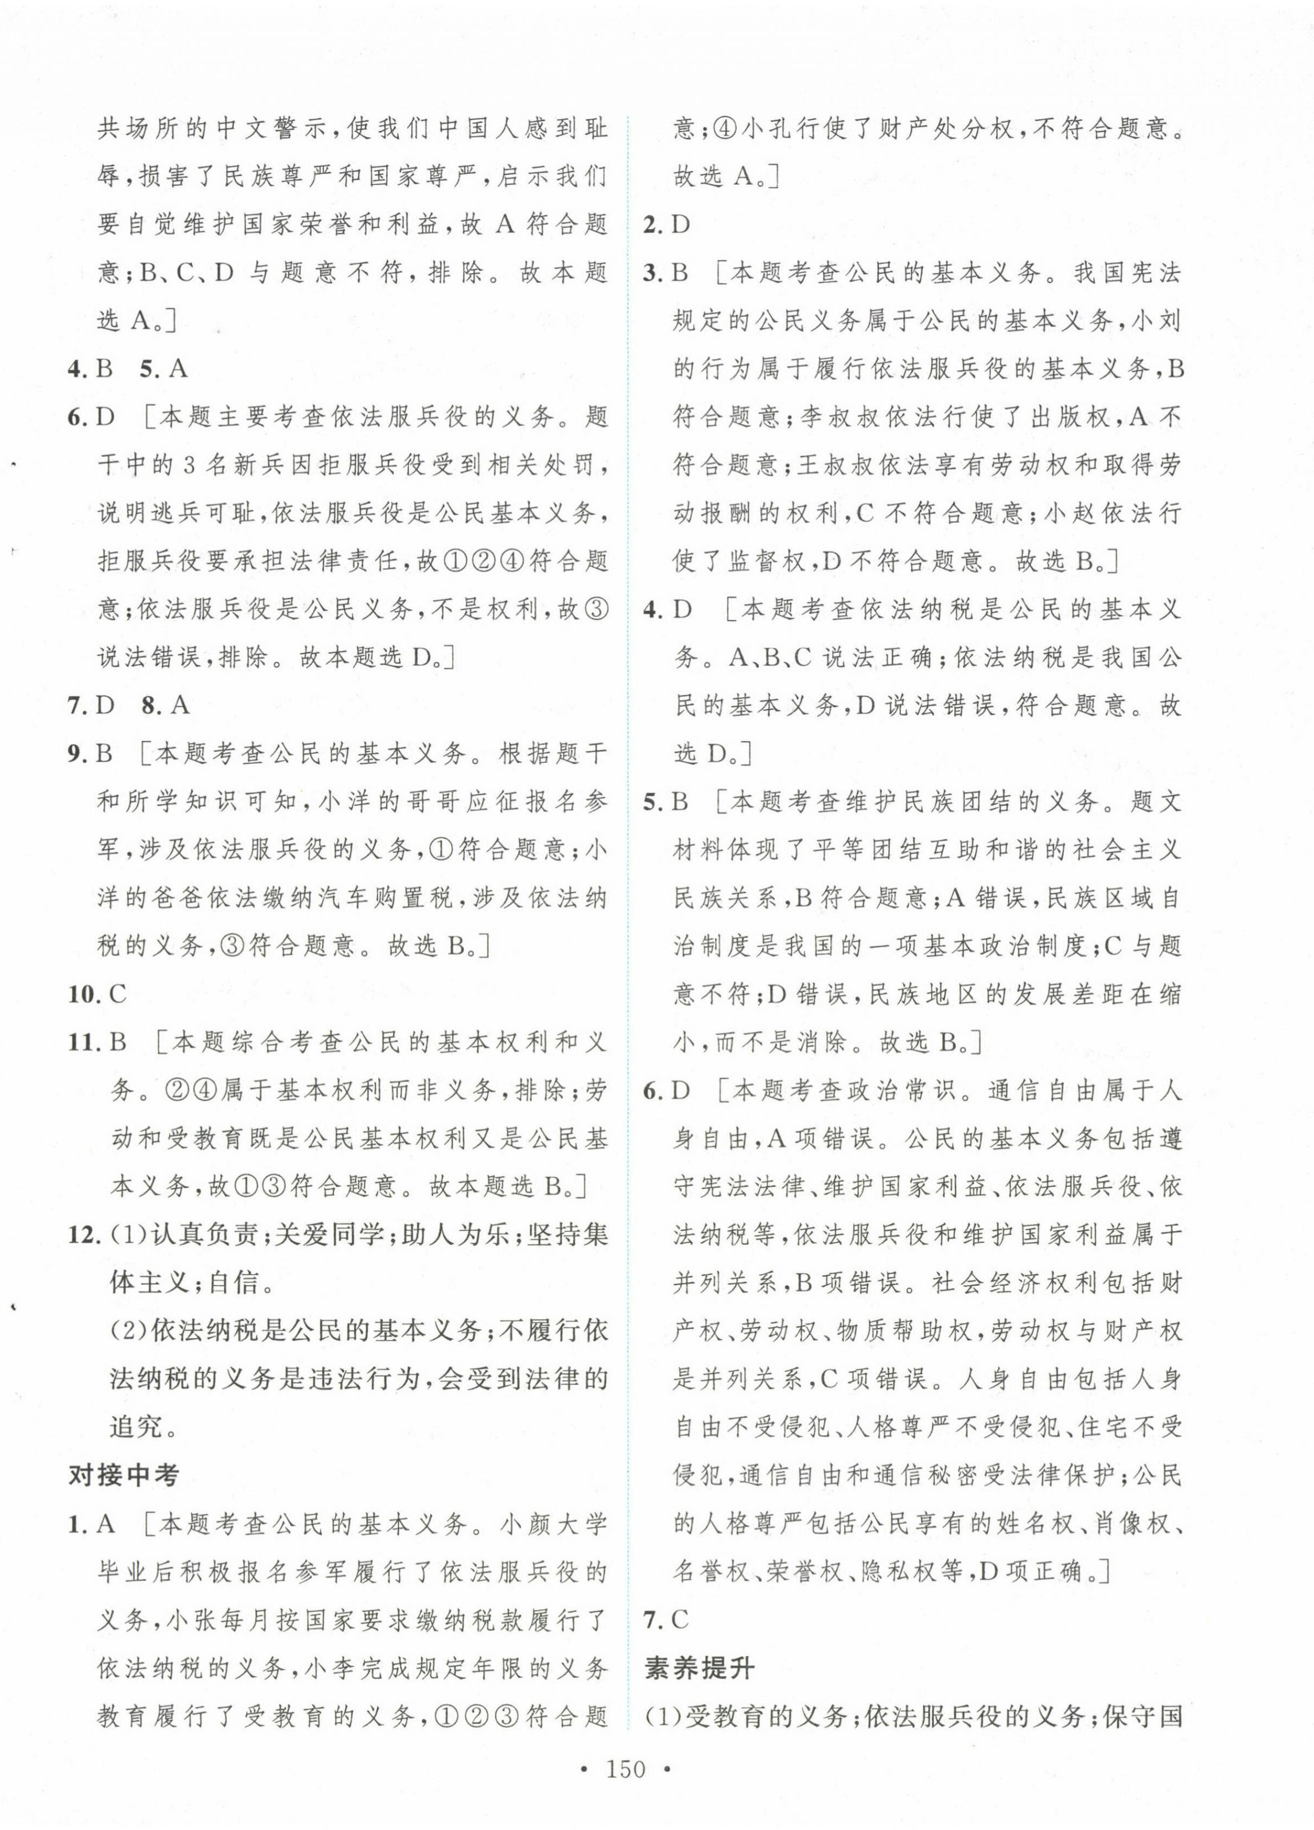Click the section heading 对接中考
coord(123,1476)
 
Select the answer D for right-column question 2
coord(682,225)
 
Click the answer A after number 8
coord(179,706)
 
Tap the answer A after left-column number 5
coord(177,370)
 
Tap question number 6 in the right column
coord(654,1091)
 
